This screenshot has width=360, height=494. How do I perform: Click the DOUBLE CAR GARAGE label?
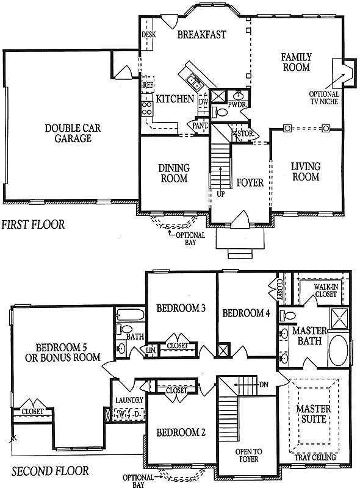73,134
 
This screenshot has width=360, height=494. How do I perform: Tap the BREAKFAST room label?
202,34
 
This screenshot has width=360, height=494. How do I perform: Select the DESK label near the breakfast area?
148,34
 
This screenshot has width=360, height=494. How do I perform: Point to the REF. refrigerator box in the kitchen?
148,84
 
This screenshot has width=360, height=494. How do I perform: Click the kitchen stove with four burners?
147,109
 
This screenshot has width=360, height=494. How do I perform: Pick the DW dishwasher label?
204,102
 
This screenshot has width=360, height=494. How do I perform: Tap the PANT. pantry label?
200,126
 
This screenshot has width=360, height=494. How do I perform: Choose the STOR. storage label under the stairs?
245,134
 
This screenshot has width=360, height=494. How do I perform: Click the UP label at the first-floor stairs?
221,194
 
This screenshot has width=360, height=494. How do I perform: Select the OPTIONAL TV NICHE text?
324,98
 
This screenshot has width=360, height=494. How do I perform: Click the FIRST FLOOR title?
33,224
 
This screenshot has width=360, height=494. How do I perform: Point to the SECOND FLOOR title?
50,471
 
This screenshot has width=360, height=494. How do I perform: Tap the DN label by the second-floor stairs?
264,385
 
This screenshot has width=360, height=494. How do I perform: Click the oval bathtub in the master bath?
338,350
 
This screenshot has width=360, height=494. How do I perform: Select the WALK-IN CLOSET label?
326,290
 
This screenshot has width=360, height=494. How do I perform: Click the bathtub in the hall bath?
131,314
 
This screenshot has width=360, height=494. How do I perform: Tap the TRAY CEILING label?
315,457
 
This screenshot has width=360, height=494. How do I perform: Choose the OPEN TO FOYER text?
249,455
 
